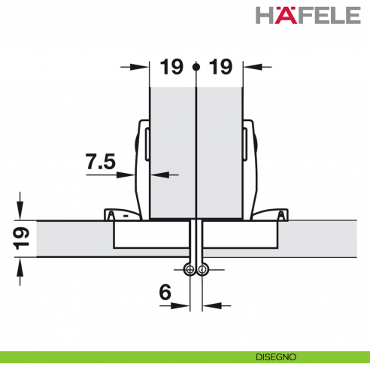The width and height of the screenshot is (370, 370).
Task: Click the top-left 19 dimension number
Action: pos(171,67)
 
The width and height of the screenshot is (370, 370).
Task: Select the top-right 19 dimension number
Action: pos(220,67)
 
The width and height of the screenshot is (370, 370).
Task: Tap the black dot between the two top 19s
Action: pos(196,67)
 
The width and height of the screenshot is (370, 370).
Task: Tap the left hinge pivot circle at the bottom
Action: pos(190,270)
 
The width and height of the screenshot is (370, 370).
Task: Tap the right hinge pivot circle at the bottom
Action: pos(202,270)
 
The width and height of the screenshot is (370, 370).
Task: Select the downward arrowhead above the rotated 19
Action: pos(21,214)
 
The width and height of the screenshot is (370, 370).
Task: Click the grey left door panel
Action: pos(173,150)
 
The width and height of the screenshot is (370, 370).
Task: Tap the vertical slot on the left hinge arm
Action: pos(147,142)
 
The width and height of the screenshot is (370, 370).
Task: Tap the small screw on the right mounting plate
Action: pos(281,217)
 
